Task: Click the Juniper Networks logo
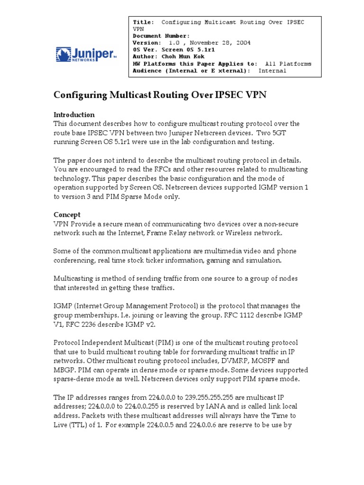tap(86, 54)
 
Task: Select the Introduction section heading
tap(74, 115)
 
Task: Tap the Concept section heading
tap(67, 215)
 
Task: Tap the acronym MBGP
tap(64, 369)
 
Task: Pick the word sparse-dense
tap(75, 378)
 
